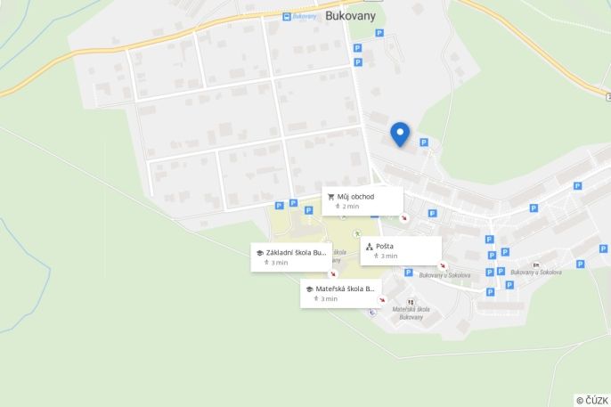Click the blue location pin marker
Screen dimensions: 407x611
(x=400, y=134)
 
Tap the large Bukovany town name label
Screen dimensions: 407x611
(x=350, y=15)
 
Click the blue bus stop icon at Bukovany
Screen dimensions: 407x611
(x=287, y=16)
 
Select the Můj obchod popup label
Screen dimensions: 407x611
(x=355, y=197)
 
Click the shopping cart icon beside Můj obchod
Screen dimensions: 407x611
(x=330, y=197)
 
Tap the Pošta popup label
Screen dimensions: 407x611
(x=385, y=246)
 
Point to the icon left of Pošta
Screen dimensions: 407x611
(x=369, y=246)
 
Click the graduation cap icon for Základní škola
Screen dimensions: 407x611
(x=259, y=253)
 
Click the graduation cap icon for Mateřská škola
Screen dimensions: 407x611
(x=309, y=289)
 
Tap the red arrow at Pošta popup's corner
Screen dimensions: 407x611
(x=443, y=265)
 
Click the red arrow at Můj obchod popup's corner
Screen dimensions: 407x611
(x=403, y=217)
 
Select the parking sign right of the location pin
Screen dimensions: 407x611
(x=424, y=142)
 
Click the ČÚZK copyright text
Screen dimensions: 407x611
(x=591, y=400)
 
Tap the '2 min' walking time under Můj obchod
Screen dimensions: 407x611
(x=350, y=207)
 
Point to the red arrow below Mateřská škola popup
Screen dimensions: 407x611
(x=382, y=300)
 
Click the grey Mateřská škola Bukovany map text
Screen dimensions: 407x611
(x=411, y=313)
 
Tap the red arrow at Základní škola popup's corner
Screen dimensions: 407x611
(x=333, y=273)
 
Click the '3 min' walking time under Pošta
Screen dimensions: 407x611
(x=388, y=256)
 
